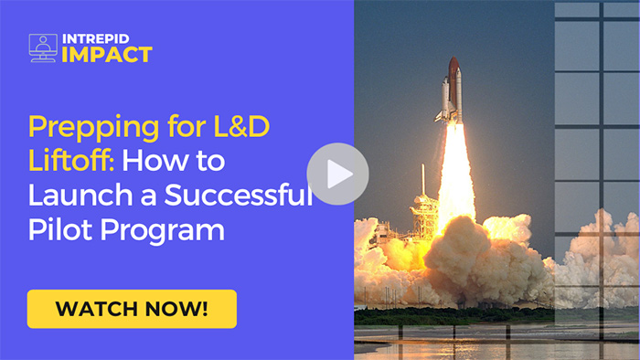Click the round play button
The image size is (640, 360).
(x=337, y=174)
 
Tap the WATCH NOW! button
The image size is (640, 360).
(x=132, y=309)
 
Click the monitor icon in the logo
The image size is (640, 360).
(x=43, y=48)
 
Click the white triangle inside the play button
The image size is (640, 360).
(x=339, y=174)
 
